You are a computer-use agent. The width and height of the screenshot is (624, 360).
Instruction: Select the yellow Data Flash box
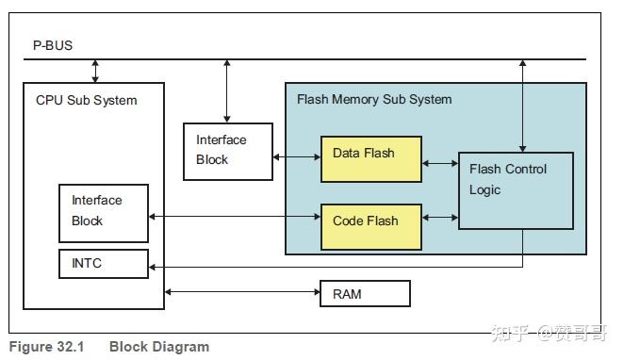370,158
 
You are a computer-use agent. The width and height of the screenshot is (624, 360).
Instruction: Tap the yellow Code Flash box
370,226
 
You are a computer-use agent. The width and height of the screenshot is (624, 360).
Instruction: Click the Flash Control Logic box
516,189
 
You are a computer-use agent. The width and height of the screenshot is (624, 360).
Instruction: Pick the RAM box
365,294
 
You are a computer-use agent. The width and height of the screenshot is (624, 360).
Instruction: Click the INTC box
103,264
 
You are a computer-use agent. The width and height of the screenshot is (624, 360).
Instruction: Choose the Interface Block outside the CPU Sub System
227,151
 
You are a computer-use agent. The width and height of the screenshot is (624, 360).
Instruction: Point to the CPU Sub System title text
86,100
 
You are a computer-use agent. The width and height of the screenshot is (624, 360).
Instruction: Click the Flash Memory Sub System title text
374,99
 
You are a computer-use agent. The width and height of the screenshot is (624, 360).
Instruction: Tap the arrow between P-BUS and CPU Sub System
94,71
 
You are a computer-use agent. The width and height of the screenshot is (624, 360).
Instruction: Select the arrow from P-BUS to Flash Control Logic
523,104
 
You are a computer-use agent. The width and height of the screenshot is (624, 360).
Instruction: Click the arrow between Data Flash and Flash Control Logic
439,163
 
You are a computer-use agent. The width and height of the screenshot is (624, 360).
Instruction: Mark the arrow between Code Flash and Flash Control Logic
439,219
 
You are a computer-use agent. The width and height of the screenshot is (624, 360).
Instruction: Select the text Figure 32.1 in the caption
46,347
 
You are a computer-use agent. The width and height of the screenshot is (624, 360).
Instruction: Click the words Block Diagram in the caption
158,347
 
